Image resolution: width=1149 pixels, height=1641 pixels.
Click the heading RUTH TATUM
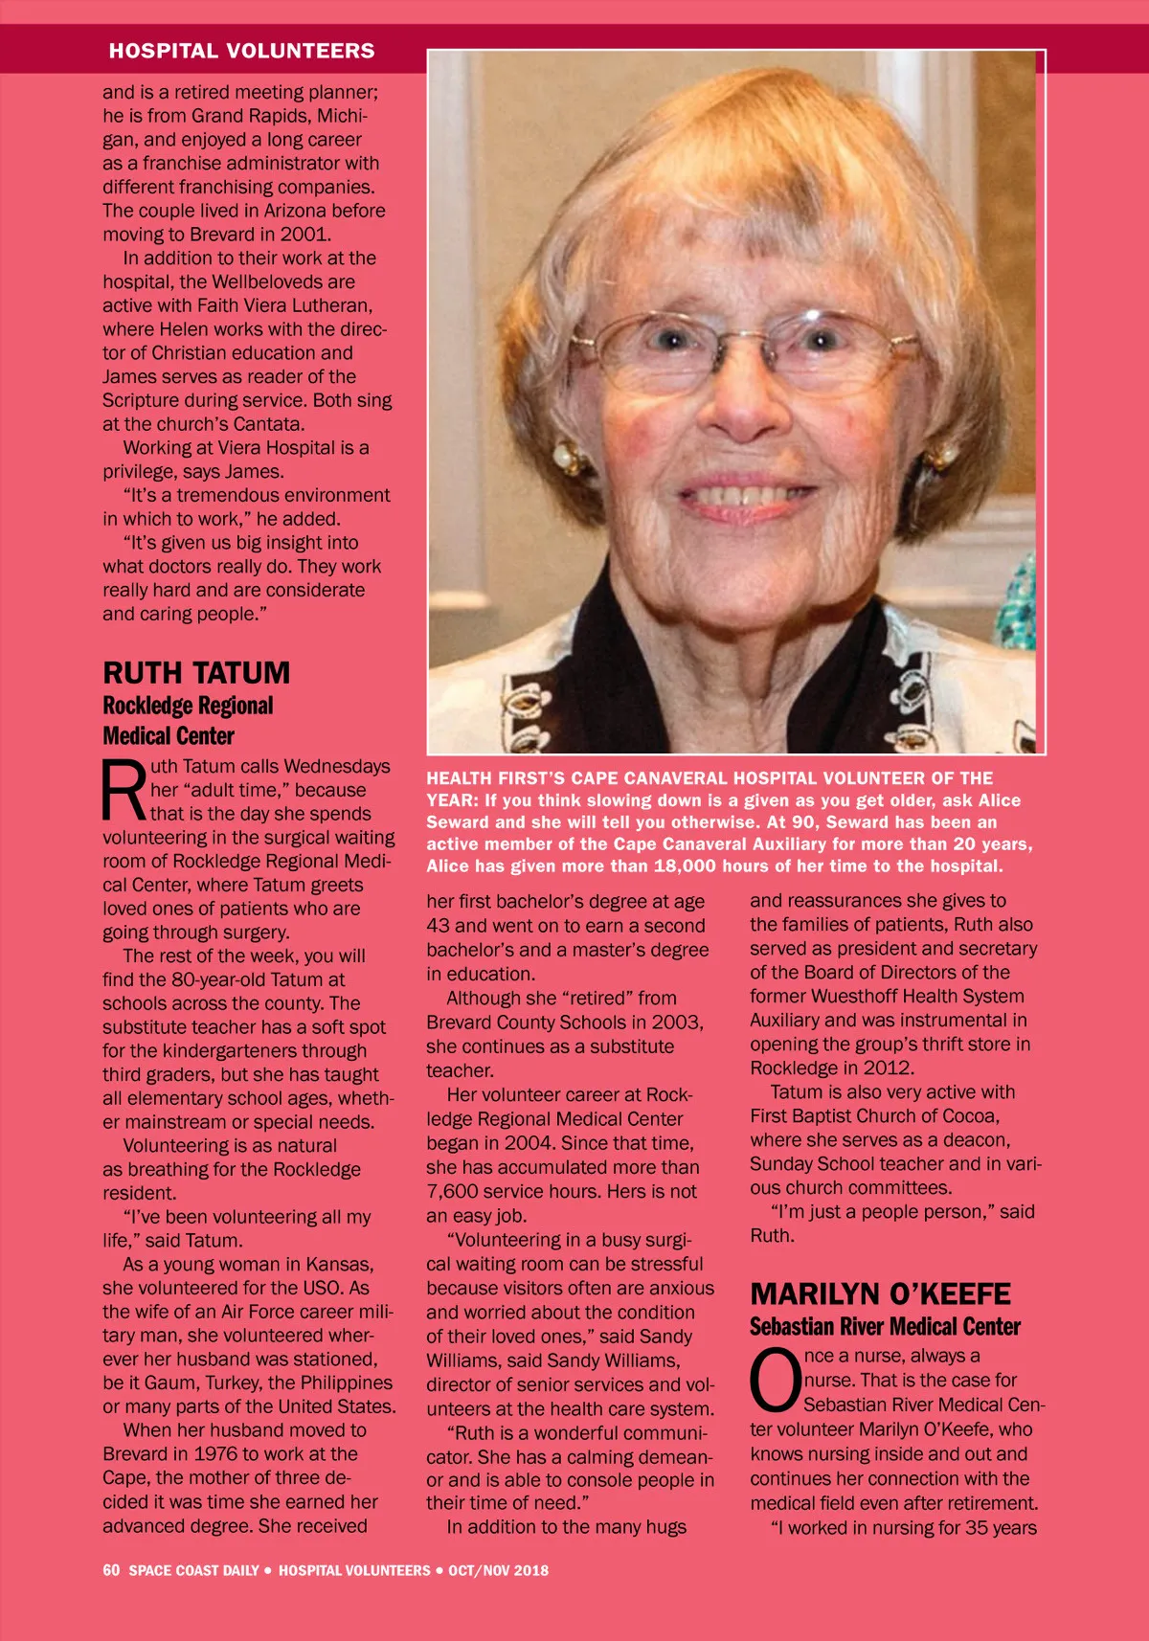pyautogui.click(x=196, y=673)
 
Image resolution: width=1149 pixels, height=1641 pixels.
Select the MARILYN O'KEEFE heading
pyautogui.click(x=880, y=1294)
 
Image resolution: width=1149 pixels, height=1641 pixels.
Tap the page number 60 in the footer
pyautogui.click(x=111, y=1570)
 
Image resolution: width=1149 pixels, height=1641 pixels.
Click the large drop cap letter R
pyautogui.click(x=124, y=791)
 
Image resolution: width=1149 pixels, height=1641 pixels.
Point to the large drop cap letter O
pyautogui.click(x=775, y=1381)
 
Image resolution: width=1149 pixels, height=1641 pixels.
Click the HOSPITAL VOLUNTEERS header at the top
pyautogui.click(x=241, y=51)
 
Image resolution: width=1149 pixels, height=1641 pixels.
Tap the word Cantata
pyautogui.click(x=267, y=424)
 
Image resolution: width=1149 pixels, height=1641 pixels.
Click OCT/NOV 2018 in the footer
pyautogui.click(x=498, y=1570)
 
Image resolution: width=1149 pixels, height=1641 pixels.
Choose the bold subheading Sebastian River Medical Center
pyautogui.click(x=885, y=1327)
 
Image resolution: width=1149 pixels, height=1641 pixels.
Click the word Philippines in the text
pyautogui.click(x=346, y=1382)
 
